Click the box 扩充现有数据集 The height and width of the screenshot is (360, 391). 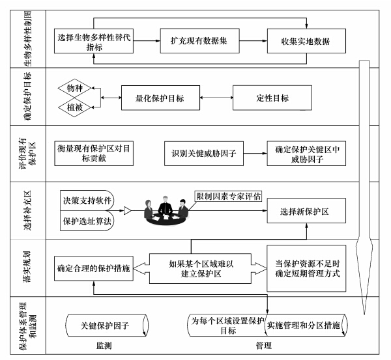pos(200,41)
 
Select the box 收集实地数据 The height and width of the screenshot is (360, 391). pos(306,41)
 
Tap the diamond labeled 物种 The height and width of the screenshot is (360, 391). pos(74,88)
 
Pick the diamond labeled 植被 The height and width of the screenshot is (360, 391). pos(74,107)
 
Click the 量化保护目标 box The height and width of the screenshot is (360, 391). pos(160,98)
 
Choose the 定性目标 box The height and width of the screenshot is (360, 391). pos(272,98)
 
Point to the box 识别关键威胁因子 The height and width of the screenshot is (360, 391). pos(204,154)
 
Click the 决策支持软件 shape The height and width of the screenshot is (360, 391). pos(87,201)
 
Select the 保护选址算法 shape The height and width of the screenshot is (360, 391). pos(87,221)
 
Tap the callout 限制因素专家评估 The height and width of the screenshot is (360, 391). pos(228,197)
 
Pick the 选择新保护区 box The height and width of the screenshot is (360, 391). pos(306,211)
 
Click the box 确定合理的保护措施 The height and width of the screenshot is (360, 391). pos(94,269)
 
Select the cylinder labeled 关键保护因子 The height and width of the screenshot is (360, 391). pos(107,325)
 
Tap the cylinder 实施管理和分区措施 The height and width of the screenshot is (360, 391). pos(306,325)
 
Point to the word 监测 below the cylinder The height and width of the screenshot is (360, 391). pos(104,346)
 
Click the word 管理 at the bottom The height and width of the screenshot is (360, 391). pos(263,346)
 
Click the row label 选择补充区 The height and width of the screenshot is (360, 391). pos(27,210)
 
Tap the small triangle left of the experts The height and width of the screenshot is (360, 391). pos(128,211)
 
